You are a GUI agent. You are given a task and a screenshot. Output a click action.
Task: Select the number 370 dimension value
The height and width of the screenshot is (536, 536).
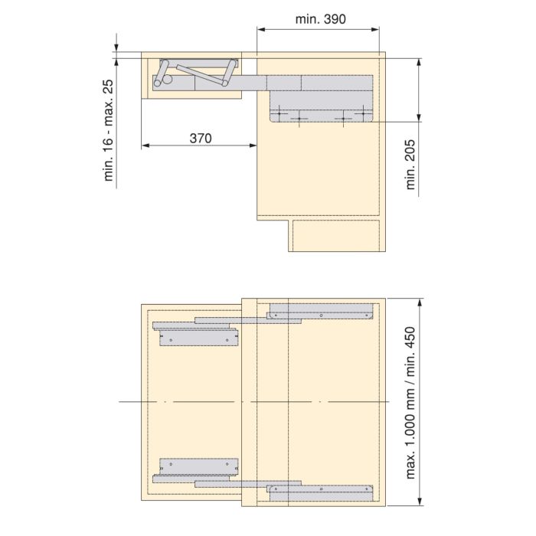click(x=200, y=138)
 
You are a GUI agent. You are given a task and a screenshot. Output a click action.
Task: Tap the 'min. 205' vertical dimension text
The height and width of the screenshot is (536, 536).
click(x=411, y=168)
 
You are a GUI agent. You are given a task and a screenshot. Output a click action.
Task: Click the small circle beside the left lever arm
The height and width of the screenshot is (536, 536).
click(x=159, y=79)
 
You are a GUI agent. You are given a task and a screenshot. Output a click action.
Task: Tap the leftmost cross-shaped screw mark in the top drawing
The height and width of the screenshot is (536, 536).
click(x=282, y=115)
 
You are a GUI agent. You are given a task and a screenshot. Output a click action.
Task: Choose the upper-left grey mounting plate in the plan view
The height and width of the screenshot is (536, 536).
click(x=194, y=337)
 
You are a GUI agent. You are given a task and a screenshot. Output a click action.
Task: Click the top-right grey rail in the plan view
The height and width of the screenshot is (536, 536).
click(x=321, y=312)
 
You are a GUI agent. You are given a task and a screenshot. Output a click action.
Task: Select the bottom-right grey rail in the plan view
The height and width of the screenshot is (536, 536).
click(x=321, y=491)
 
